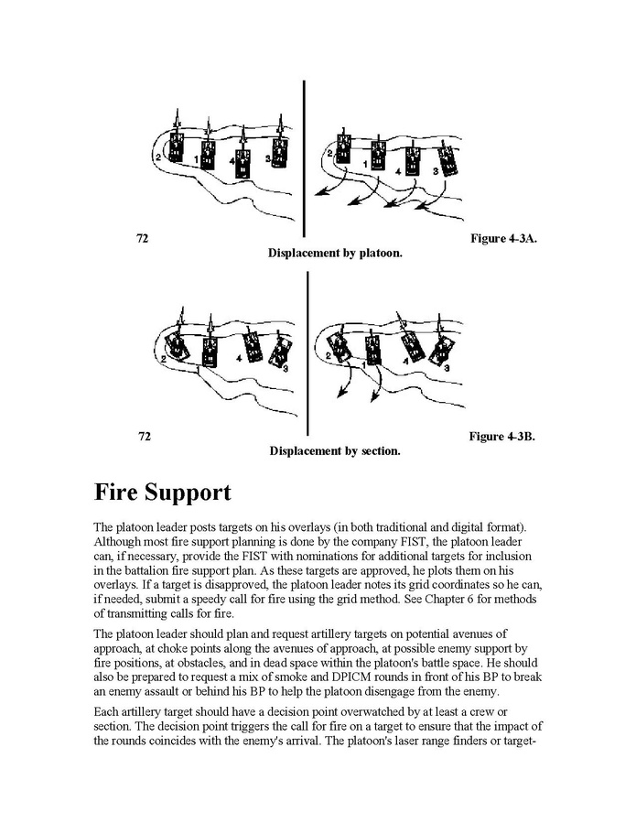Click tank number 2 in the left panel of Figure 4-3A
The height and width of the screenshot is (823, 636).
pos(177,147)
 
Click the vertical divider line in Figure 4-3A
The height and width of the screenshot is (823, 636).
pos(304,156)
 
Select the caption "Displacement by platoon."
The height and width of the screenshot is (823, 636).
pos(335,253)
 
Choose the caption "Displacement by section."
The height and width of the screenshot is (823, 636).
pos(335,450)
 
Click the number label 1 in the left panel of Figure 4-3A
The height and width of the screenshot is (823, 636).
pos(197,159)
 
